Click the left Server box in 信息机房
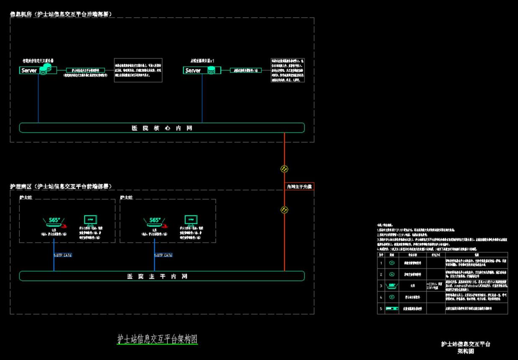pos(29,71)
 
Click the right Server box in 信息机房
pos(193,71)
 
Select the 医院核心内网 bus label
pos(162,128)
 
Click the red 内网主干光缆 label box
pos(299,186)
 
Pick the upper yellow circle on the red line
pos(285,169)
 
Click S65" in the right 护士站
pos(155,220)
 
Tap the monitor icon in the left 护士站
pos(90,220)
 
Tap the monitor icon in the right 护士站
pos(191,220)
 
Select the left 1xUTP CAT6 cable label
pos(63,255)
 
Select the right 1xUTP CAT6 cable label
pos(163,255)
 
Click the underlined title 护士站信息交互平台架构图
pos(157,339)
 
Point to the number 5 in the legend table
pos(381,309)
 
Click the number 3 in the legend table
pos(381,286)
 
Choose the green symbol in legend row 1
pos(392,263)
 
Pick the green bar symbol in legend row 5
pos(392,309)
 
